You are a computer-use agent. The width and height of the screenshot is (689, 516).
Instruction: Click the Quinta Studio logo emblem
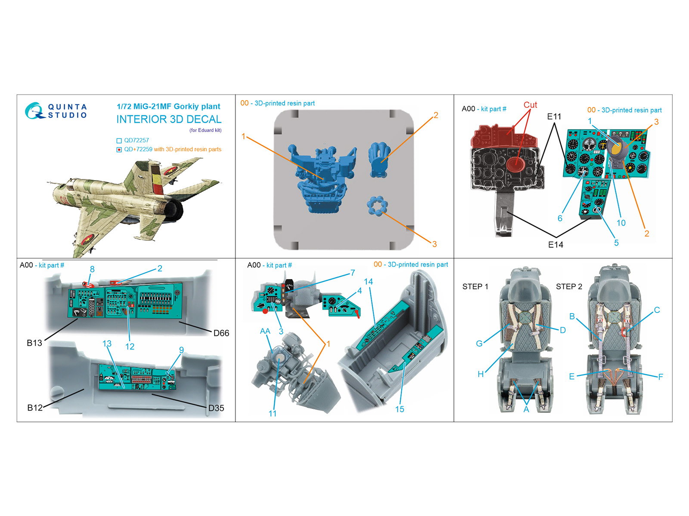coord(34,111)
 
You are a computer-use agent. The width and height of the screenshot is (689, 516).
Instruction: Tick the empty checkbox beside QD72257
coord(119,141)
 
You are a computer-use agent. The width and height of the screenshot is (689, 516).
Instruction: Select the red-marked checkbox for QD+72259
coord(119,150)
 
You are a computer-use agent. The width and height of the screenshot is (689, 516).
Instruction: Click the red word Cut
coord(530,105)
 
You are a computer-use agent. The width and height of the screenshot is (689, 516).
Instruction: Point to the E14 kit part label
coord(556,245)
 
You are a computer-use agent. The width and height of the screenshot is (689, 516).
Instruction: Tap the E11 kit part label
coord(554,117)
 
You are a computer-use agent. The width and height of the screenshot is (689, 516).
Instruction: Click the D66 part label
coord(221,333)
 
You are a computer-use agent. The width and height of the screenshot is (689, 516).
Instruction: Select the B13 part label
coord(34,343)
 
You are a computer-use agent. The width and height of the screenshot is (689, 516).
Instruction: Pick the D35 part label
coord(216,408)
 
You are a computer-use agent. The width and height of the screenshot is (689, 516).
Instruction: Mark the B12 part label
coord(35,408)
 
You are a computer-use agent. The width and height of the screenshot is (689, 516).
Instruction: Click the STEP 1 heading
coord(475,287)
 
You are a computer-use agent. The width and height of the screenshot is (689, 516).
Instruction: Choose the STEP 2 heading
coord(569,287)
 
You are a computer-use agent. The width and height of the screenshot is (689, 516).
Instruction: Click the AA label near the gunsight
coord(265,331)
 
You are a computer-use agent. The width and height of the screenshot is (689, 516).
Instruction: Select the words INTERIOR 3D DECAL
coord(169,120)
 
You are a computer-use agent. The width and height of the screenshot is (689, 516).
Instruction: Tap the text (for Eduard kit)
coord(205,130)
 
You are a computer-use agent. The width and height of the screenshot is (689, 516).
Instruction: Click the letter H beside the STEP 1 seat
coord(481,374)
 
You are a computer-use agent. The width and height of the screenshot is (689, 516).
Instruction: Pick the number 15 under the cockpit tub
coord(400,409)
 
